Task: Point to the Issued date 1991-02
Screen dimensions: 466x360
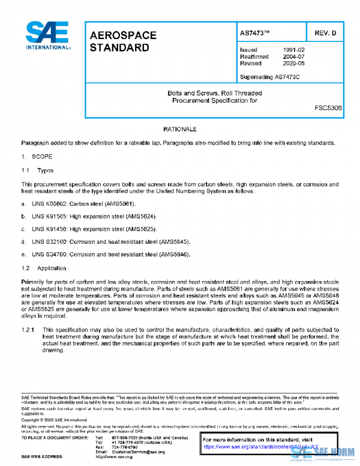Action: coord(293,50)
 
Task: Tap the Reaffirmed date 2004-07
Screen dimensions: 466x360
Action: coord(293,56)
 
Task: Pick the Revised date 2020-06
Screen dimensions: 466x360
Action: coord(293,63)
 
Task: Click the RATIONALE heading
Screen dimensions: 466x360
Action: coord(179,130)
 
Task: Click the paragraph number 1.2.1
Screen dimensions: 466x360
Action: coord(29,330)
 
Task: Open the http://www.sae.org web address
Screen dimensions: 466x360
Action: coord(114,457)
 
